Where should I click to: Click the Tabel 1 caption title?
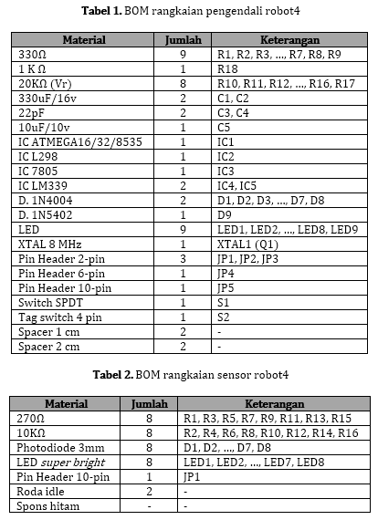[x=188, y=11]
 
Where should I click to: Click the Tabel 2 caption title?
[x=189, y=375]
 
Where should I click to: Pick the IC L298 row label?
[x=37, y=157]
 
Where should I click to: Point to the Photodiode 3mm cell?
[x=54, y=448]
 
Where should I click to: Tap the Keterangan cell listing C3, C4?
[x=233, y=112]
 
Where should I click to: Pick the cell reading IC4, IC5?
[x=237, y=186]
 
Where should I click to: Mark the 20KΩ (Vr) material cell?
[x=48, y=83]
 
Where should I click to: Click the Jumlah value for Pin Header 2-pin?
[x=183, y=259]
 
